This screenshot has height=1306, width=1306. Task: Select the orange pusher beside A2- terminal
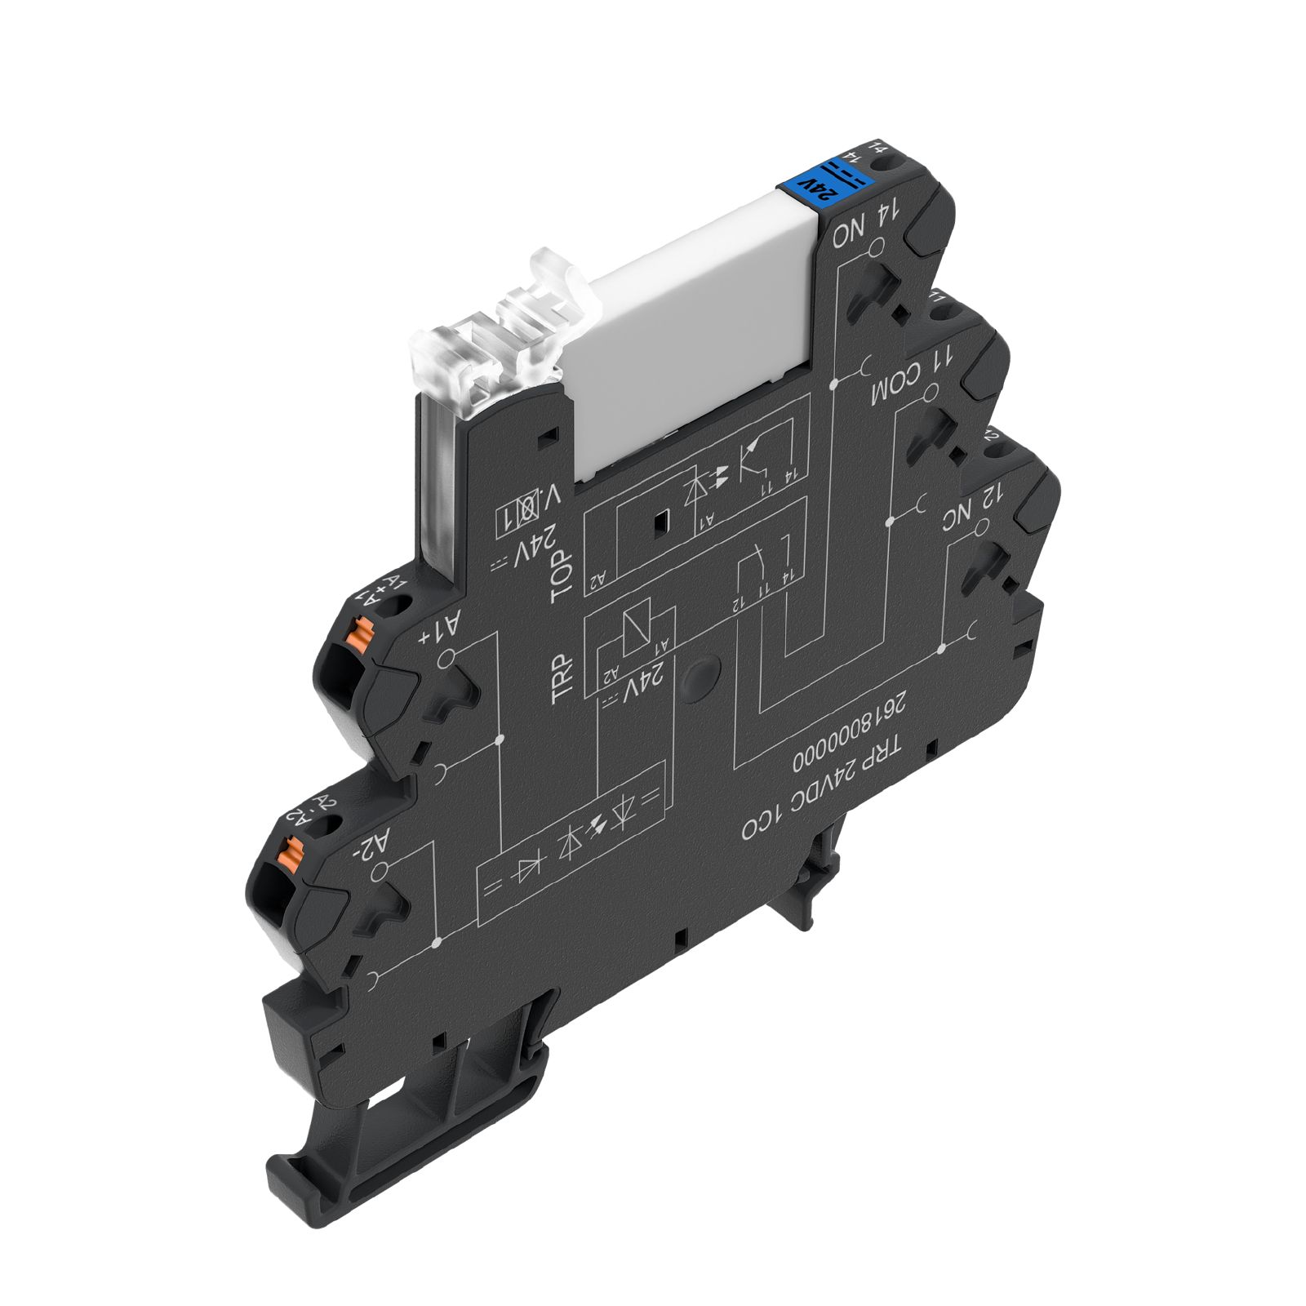(x=288, y=851)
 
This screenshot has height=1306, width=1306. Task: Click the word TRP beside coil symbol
(x=563, y=679)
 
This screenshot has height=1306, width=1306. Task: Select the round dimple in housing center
(x=700, y=677)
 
